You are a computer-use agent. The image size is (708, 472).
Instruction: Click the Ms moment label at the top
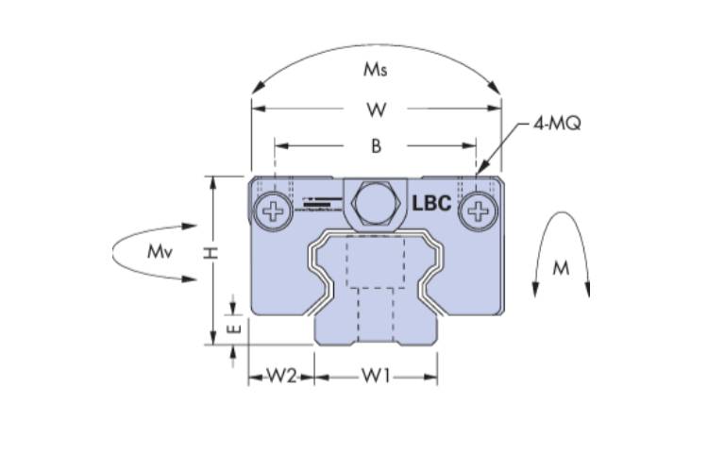[377, 69]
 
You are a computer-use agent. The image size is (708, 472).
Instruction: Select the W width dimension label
[377, 110]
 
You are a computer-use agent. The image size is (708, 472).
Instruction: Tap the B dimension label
[376, 146]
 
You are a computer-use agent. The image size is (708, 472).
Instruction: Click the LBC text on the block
[432, 203]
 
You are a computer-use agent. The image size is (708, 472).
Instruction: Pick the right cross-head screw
[479, 211]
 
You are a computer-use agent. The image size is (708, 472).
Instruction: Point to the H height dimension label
[212, 253]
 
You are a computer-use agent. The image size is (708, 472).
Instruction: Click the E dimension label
[236, 329]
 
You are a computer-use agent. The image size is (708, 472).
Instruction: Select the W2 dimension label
[280, 377]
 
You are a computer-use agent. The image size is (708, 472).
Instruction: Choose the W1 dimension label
[376, 377]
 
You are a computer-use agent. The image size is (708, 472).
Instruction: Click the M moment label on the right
[561, 268]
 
